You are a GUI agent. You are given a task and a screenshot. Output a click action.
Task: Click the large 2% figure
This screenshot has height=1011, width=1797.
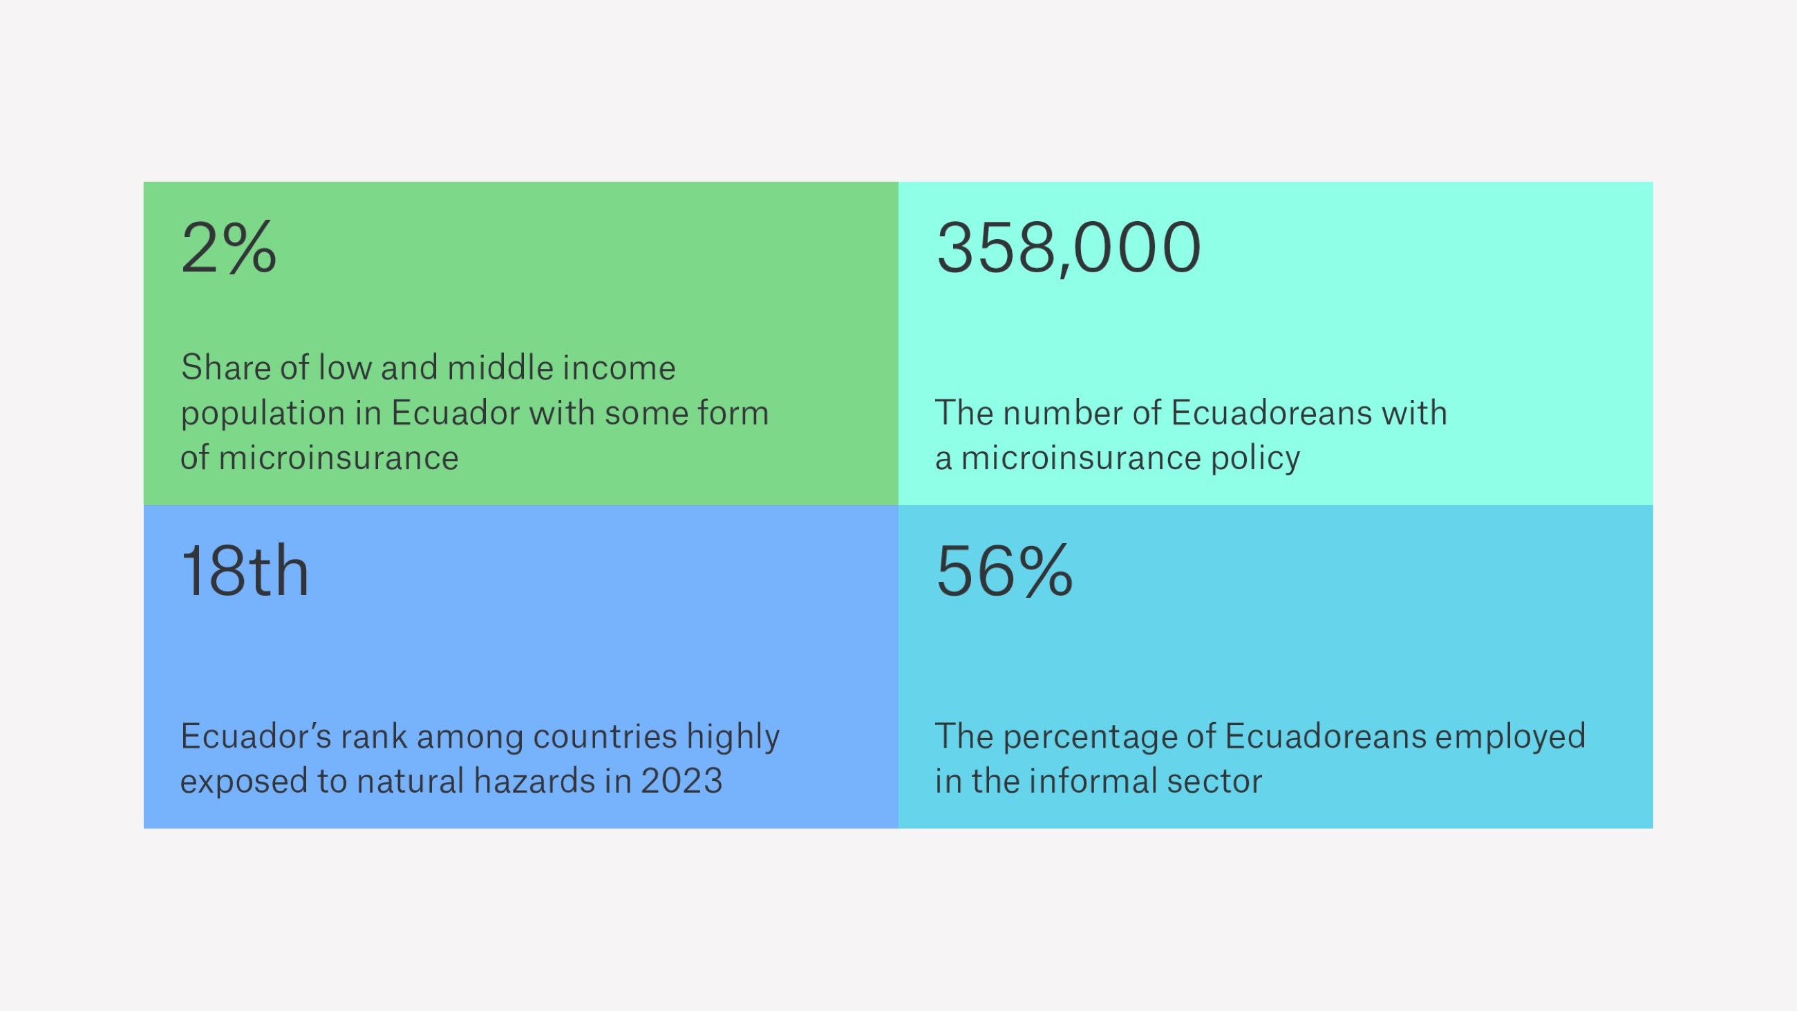[229, 247]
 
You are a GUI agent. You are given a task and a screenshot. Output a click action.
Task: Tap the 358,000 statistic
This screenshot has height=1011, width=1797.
[1068, 247]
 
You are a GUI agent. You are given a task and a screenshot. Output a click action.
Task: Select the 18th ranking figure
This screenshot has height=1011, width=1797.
[245, 571]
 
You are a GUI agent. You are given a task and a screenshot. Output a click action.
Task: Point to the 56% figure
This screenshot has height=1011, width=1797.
[1004, 571]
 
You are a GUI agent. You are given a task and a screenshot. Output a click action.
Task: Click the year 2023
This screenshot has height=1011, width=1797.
[681, 781]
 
